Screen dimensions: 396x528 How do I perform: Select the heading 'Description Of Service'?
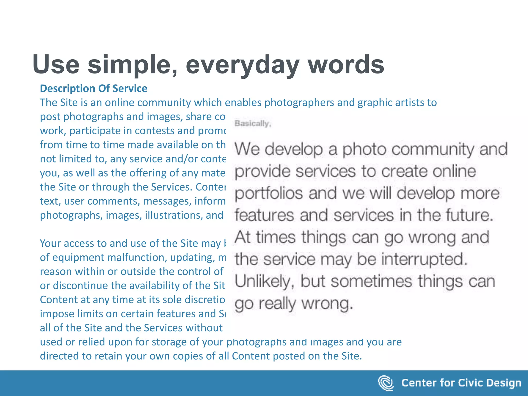click(x=94, y=88)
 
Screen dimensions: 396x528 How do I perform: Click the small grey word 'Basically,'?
click(x=252, y=124)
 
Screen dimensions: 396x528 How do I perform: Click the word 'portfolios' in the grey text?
click(x=269, y=193)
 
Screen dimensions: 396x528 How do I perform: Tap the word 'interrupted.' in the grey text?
click(x=424, y=259)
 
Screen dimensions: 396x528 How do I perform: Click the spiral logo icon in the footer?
click(x=386, y=383)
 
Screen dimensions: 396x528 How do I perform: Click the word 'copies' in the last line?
click(x=187, y=356)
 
